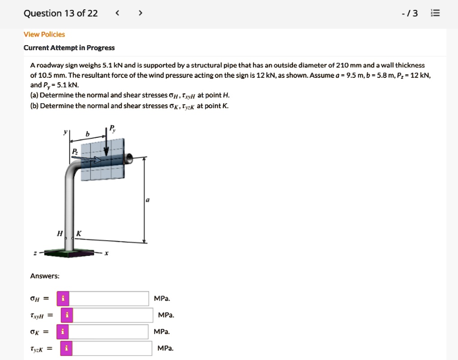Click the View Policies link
point(44,34)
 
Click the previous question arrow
point(118,13)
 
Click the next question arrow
point(140,13)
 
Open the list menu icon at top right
point(435,13)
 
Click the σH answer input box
point(109,298)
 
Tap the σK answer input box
point(109,332)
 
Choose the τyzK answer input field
point(111,348)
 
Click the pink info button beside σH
point(63,298)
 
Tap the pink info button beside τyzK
point(66,348)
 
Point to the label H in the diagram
point(59,233)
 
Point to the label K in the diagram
point(79,233)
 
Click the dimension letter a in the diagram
point(147,201)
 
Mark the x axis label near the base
point(106,254)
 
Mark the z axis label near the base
point(36,254)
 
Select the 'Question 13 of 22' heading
point(60,13)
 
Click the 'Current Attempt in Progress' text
point(69,48)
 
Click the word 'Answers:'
point(45,276)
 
